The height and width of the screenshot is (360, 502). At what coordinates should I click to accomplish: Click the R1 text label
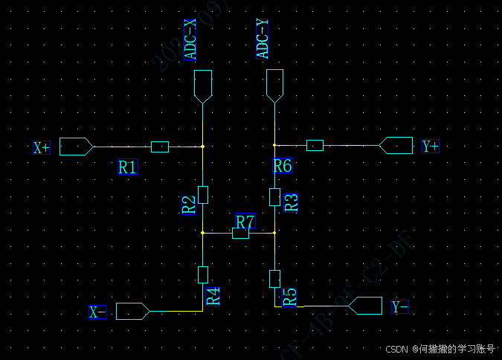(x=127, y=167)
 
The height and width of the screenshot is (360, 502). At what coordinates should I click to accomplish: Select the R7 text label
(x=245, y=222)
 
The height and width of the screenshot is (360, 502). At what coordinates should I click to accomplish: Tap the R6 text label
(x=282, y=166)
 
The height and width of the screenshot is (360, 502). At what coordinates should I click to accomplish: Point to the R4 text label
(x=213, y=296)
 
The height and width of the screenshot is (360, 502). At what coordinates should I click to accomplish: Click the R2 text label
(x=189, y=205)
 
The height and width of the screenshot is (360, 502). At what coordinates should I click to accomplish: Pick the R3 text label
(x=292, y=202)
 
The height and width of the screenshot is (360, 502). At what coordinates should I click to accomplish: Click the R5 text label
(x=290, y=298)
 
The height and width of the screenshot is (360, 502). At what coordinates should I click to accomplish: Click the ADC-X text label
(x=191, y=41)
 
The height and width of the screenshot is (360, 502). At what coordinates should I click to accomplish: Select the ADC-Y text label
(x=263, y=39)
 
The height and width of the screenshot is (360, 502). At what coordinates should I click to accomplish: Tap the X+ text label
(x=41, y=147)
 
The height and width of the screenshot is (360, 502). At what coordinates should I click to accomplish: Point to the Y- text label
(x=400, y=306)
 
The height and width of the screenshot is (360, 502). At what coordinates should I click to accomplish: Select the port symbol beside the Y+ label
(x=396, y=145)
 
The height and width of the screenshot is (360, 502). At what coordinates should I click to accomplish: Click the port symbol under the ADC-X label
(x=202, y=86)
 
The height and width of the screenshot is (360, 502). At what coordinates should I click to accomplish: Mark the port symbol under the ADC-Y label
(x=274, y=86)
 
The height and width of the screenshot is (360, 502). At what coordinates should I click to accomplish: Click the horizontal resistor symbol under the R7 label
(x=240, y=234)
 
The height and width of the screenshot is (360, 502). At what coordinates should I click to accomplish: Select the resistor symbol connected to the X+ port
(x=160, y=147)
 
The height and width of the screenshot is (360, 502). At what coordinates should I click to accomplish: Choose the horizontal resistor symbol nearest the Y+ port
(x=315, y=145)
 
